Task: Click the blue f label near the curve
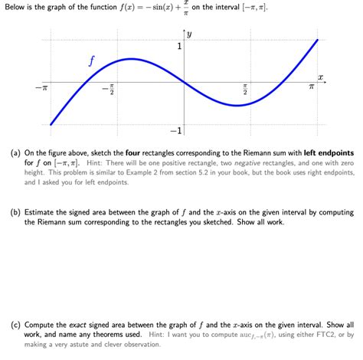point(91,61)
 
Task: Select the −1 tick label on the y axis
point(175,130)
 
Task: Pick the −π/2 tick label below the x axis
point(110,91)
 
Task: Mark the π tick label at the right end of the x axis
point(312,89)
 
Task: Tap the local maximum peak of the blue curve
point(132,59)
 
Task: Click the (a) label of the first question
point(15,152)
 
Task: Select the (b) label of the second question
point(15,212)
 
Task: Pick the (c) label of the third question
point(15,325)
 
